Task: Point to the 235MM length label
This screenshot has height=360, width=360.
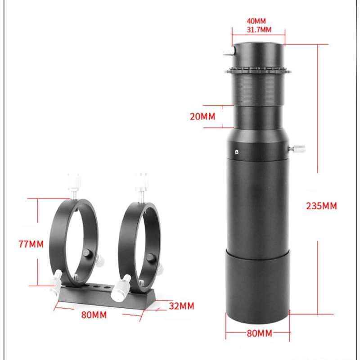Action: click(x=321, y=206)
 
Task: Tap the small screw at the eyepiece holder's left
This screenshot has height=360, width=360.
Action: click(x=227, y=53)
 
